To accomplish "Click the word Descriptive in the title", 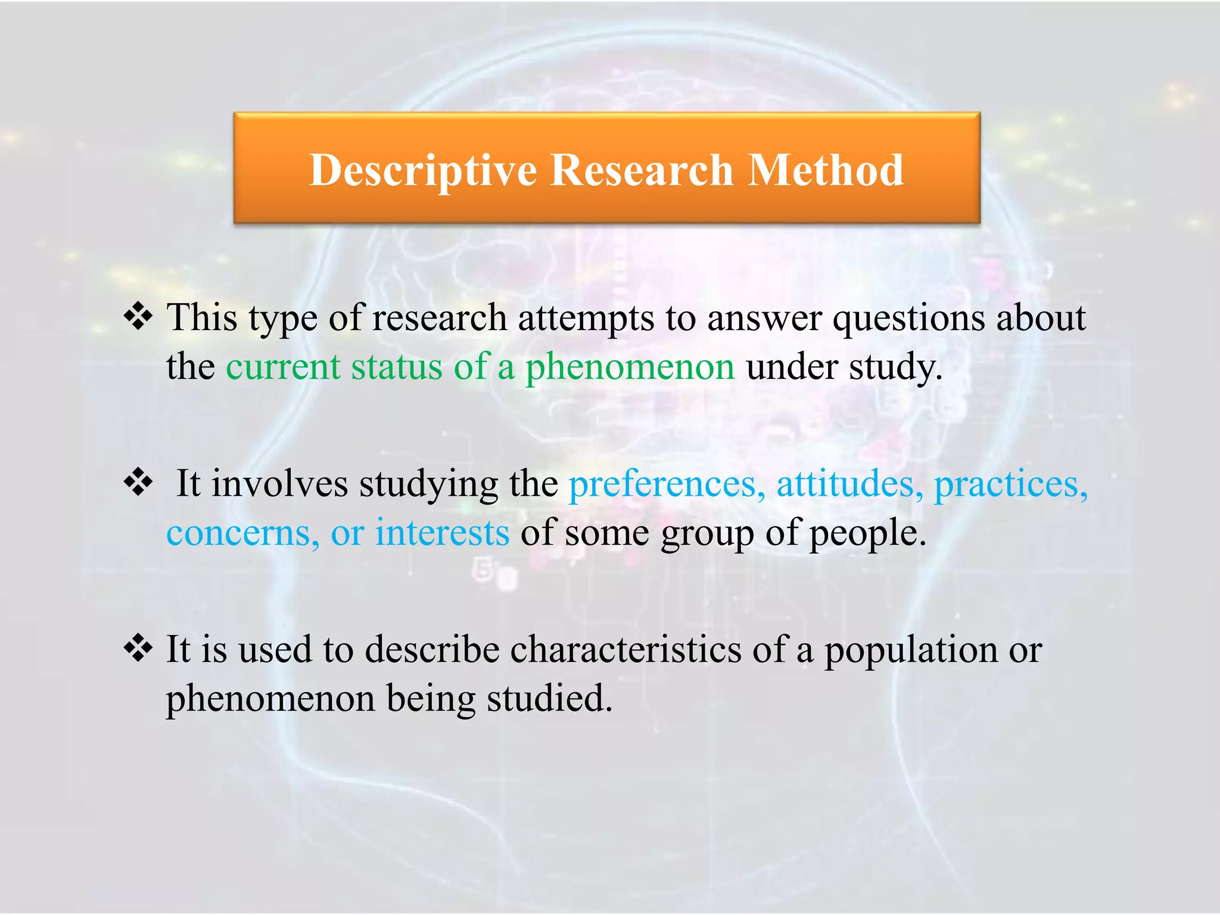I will pyautogui.click(x=423, y=171).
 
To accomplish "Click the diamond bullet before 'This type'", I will pyautogui.click(x=138, y=316).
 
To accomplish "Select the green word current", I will pyautogui.click(x=283, y=366).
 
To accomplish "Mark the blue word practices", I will pyautogui.click(x=1010, y=484).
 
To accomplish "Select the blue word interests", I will pyautogui.click(x=442, y=533).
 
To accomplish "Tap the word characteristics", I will pyautogui.click(x=625, y=649).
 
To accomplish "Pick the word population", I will pyautogui.click(x=910, y=650).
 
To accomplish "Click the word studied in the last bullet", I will pyautogui.click(x=549, y=698).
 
